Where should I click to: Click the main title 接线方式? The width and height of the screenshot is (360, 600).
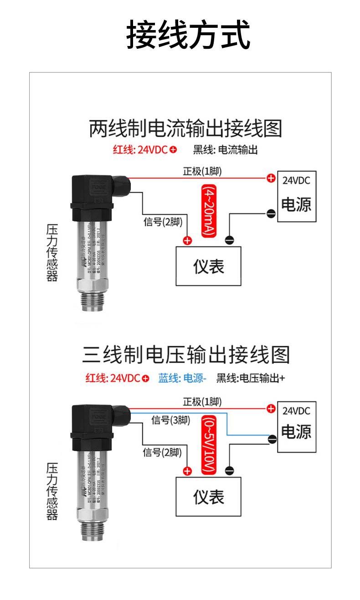(188, 34)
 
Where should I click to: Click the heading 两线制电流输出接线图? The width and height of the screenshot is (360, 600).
(185, 129)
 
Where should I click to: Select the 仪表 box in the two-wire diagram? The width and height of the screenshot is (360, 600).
(209, 266)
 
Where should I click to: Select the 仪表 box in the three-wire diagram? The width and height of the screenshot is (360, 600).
(209, 497)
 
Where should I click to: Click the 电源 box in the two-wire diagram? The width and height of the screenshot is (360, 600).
(297, 196)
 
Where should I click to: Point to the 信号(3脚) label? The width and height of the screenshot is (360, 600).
(170, 420)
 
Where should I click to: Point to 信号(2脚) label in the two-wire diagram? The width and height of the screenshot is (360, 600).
(162, 222)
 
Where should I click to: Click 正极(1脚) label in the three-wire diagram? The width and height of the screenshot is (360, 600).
(202, 401)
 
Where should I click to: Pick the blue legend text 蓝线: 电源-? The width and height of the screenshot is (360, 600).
(183, 378)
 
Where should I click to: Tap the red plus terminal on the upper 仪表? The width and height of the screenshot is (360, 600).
(187, 241)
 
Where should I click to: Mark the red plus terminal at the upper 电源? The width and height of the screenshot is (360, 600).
(271, 178)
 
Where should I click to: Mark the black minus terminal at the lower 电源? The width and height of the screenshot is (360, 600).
(272, 439)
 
